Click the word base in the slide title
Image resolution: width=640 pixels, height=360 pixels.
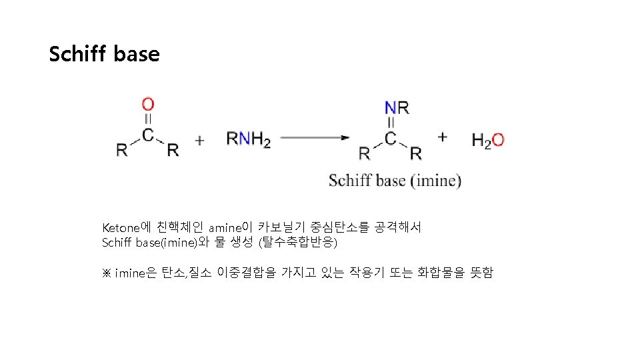point(137,54)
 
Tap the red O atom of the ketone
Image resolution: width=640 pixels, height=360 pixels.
point(148,105)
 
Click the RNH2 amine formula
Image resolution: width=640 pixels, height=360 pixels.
point(249,139)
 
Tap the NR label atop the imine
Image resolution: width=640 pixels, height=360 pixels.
point(397,107)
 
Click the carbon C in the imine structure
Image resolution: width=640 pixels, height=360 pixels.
point(390,138)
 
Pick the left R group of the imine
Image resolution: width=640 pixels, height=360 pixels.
point(365,153)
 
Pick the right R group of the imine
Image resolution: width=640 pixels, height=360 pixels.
point(415,153)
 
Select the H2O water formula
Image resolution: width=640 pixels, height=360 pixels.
point(487,140)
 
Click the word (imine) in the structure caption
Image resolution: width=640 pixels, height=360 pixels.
point(435,181)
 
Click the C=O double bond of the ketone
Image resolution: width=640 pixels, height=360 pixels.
point(148,119)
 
